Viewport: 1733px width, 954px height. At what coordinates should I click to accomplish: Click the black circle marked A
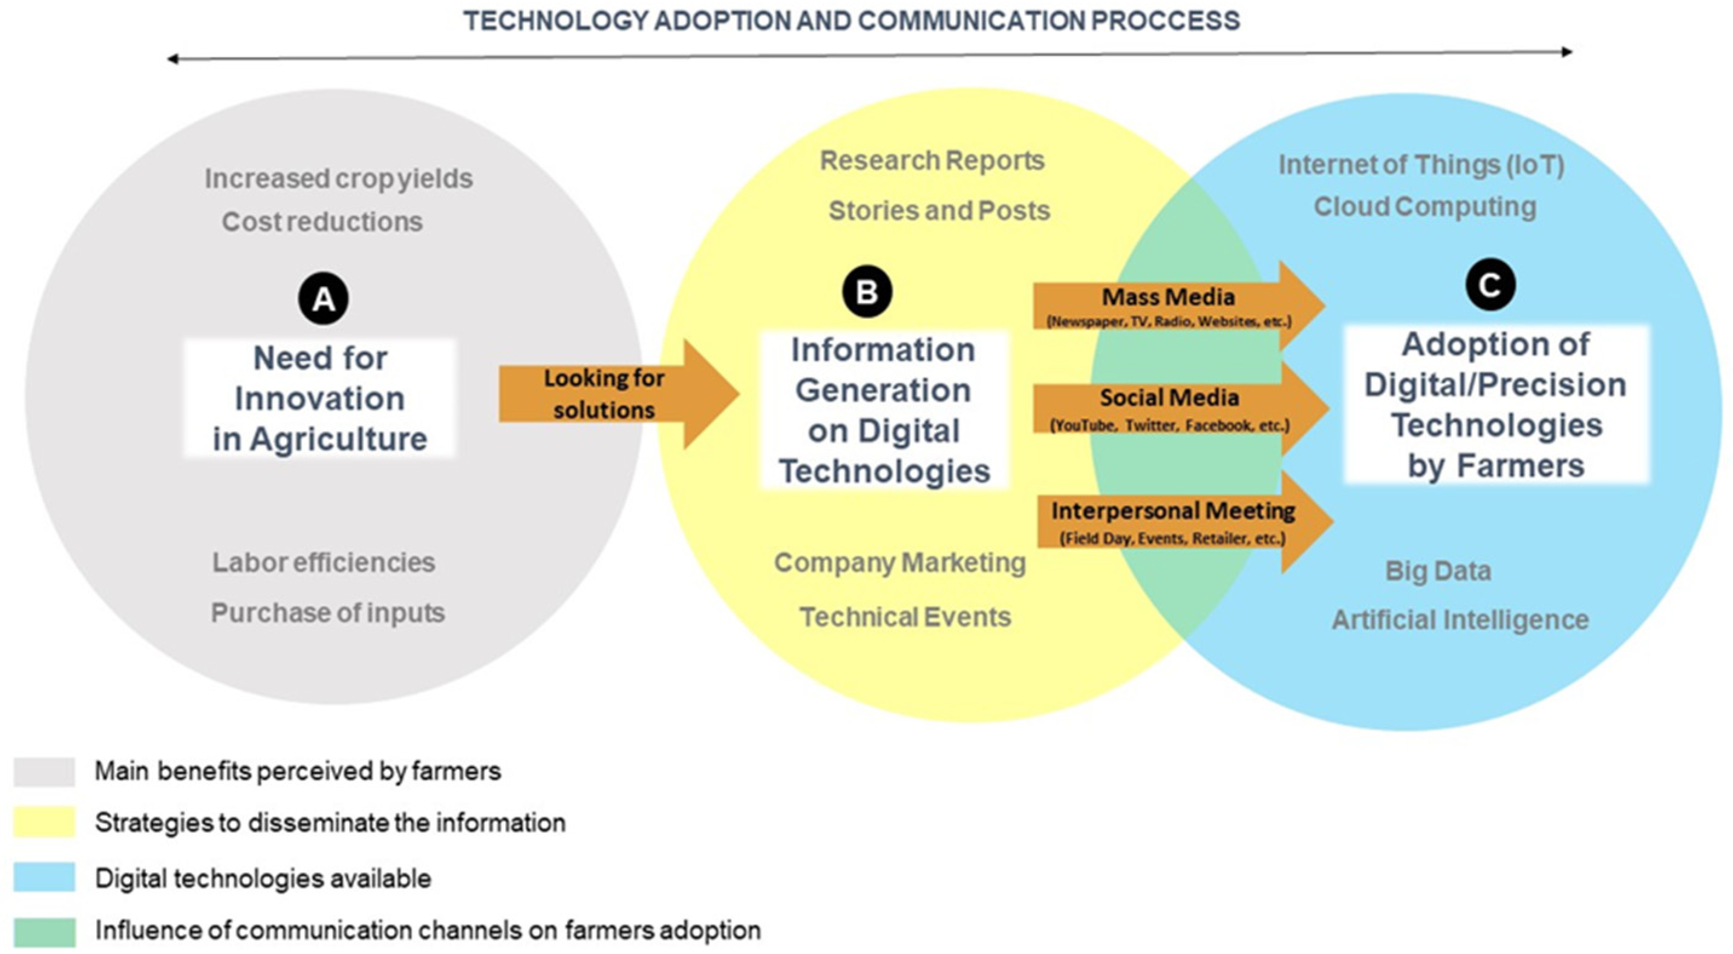click(324, 299)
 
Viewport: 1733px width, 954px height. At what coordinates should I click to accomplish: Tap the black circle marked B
click(866, 292)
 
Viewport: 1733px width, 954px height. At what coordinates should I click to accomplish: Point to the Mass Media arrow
click(1170, 306)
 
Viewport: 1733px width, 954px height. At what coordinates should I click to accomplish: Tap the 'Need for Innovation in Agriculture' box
click(320, 398)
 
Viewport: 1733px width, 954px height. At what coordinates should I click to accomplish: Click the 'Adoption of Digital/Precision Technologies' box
click(1496, 404)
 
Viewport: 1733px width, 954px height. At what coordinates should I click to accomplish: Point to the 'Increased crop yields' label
click(338, 179)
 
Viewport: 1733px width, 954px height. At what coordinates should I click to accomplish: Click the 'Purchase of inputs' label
click(328, 613)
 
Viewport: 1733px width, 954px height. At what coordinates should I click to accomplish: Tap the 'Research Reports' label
click(932, 161)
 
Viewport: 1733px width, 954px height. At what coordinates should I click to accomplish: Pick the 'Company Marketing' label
click(899, 563)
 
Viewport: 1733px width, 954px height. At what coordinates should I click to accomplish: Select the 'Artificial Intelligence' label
click(1460, 619)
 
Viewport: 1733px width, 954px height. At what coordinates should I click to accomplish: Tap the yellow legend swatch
click(44, 823)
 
